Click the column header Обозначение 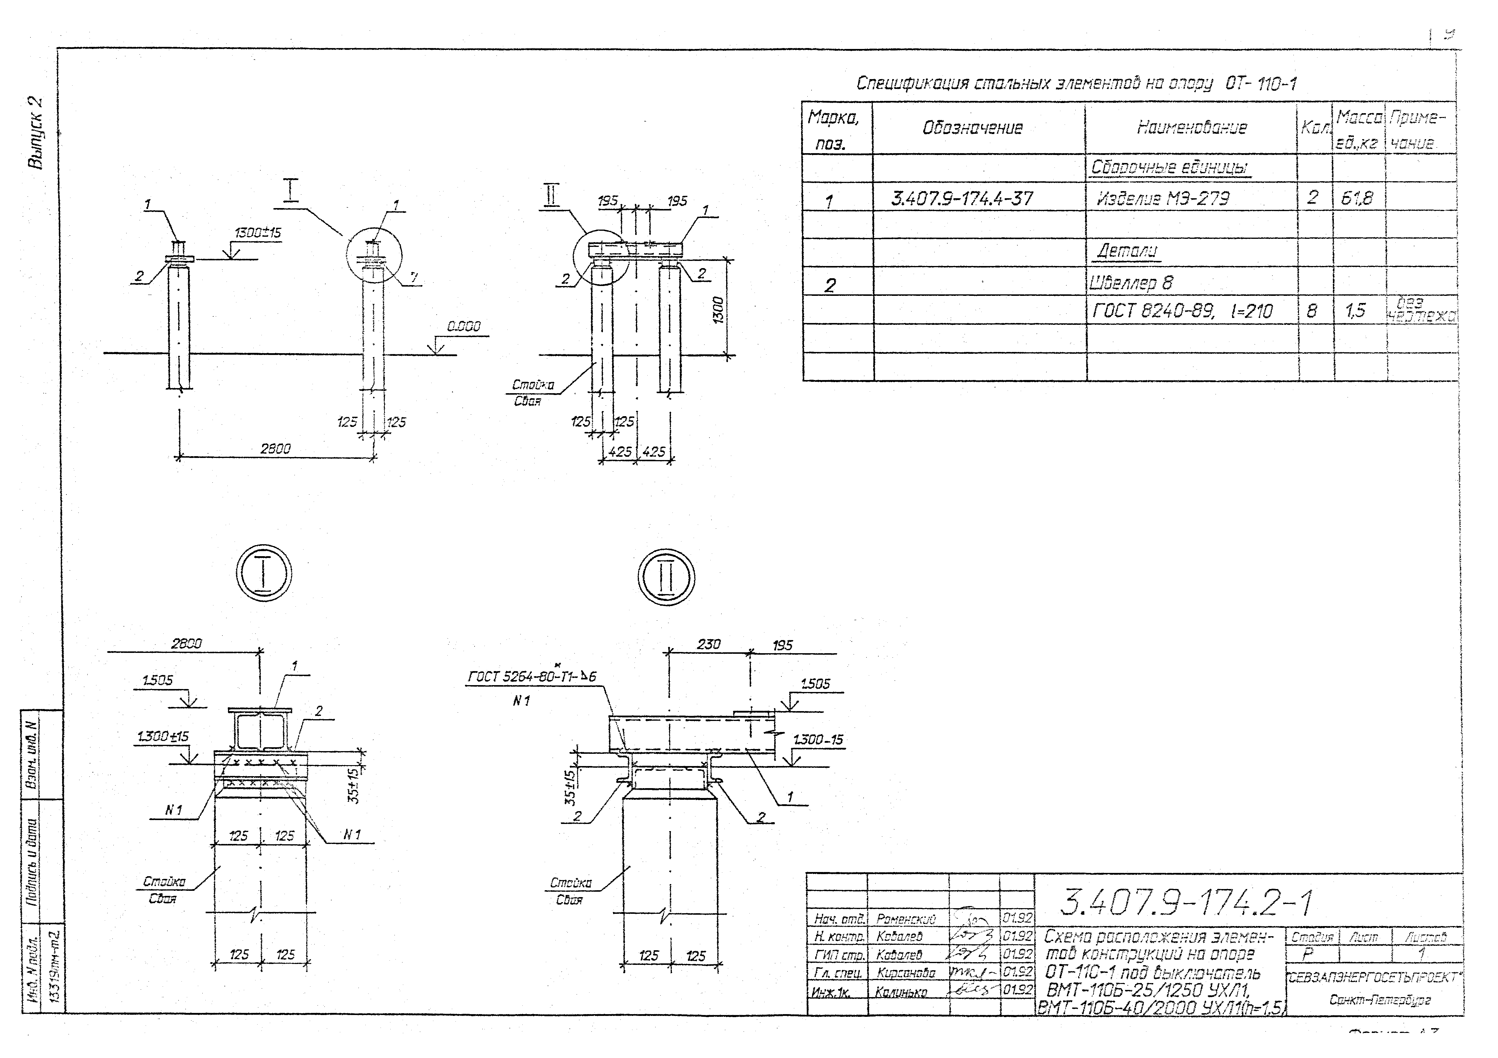(972, 128)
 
